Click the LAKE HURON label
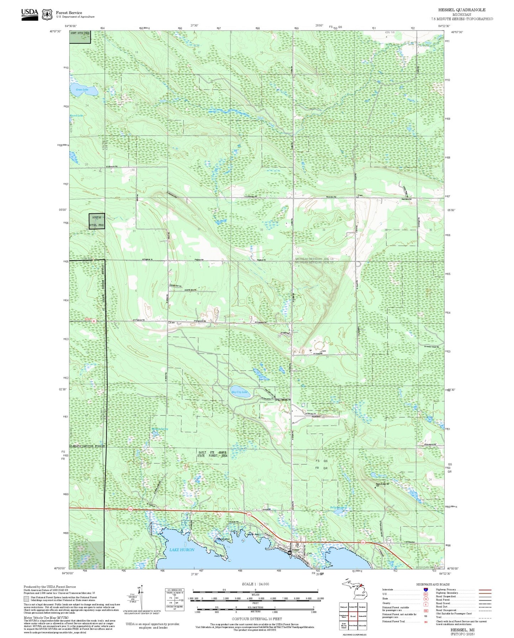tap(182, 550)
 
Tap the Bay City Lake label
tap(239, 392)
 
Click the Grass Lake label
tap(82, 90)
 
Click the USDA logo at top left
tap(30, 14)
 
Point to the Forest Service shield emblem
tap(47, 15)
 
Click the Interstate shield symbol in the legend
tap(425, 589)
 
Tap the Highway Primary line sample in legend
tap(485, 590)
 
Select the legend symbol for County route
tap(425, 603)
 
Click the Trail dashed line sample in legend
tap(485, 618)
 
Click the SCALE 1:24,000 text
tap(255, 584)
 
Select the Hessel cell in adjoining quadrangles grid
tap(353, 616)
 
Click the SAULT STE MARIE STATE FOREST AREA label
tap(212, 454)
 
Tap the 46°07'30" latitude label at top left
tap(55, 32)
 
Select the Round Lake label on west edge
tap(76, 116)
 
